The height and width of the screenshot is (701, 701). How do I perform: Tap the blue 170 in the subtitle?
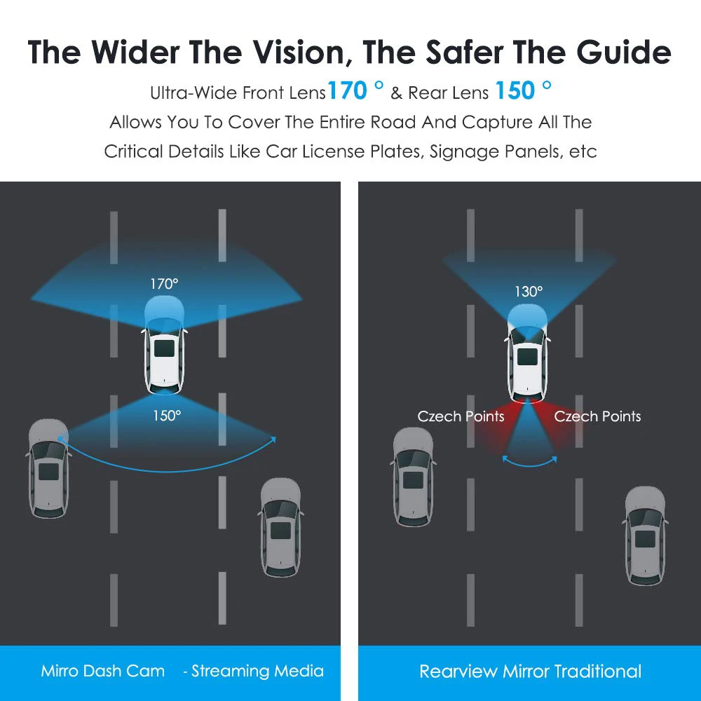(348, 90)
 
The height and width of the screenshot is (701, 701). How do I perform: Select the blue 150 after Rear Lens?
(515, 90)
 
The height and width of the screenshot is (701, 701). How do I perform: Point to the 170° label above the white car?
(164, 284)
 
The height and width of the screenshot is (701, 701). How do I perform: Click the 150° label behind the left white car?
(167, 416)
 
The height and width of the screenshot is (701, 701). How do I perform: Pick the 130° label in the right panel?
(529, 292)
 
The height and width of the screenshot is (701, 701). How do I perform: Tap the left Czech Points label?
(461, 416)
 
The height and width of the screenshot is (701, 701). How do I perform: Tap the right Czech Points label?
(597, 416)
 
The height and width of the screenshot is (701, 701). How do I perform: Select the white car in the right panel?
(528, 353)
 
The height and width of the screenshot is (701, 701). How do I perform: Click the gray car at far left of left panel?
(49, 468)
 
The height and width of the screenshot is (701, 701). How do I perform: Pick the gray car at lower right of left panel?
(281, 528)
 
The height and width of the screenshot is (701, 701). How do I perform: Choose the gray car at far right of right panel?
(645, 536)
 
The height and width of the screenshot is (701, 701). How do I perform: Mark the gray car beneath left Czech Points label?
(413, 477)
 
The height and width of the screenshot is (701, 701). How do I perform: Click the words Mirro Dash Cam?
(103, 671)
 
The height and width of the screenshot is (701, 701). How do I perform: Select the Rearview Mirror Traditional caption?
(530, 671)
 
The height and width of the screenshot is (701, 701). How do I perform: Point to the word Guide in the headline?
(624, 53)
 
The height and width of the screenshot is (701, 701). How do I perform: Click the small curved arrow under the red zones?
(530, 465)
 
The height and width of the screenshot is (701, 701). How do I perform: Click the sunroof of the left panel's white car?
(165, 348)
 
